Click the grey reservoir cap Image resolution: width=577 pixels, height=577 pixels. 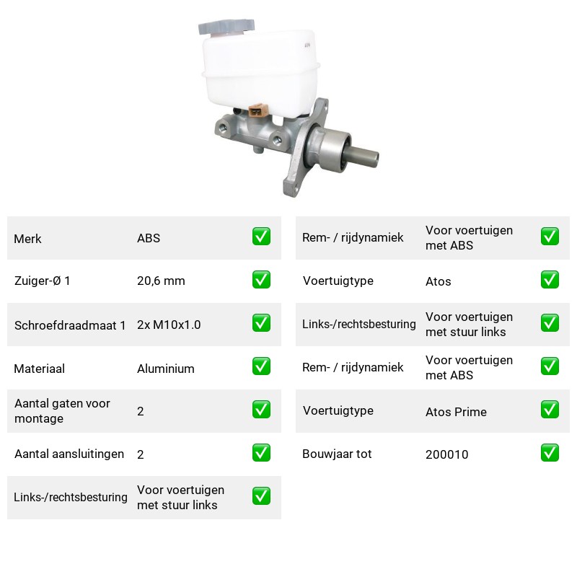226,27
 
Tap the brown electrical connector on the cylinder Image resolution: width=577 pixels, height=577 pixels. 258,110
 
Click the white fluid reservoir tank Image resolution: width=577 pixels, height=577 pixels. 260,74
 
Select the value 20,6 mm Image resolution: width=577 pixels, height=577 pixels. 161,281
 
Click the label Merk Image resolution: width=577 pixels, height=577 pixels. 27,239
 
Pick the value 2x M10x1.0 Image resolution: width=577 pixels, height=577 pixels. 169,325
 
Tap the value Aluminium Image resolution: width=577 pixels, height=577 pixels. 166,369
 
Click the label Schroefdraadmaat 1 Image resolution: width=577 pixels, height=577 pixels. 70,325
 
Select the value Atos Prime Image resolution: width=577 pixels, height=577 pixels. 456,412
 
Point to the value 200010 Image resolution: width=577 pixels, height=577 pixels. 446,454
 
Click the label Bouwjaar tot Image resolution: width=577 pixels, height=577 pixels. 337,454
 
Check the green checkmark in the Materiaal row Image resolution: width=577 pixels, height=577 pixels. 261,366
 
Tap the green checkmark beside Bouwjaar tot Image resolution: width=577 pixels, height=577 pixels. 550,453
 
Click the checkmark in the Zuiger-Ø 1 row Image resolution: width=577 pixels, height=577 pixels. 261,280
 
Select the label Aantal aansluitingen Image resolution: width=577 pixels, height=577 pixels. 69,454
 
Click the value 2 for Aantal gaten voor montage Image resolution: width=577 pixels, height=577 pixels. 140,411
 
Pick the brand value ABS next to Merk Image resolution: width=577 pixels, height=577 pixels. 149,238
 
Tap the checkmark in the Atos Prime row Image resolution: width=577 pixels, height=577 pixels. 550,410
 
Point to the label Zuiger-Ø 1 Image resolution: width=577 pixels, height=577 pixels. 42,281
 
